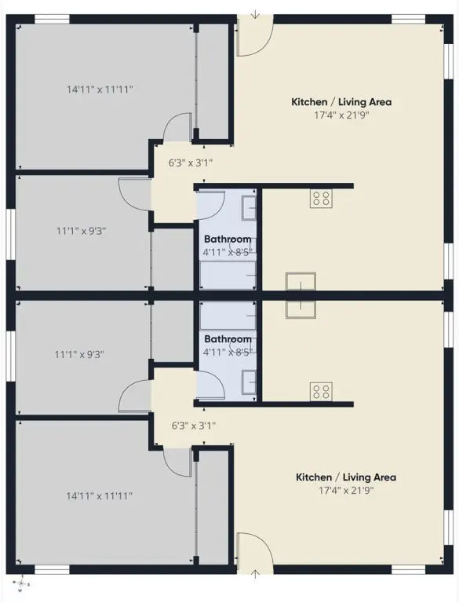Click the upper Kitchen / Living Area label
click(x=341, y=102)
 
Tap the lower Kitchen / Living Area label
click(x=345, y=477)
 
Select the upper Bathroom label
click(x=228, y=239)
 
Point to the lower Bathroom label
click(x=228, y=339)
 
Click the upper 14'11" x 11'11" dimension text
click(x=100, y=90)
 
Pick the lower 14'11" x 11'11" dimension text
click(x=99, y=496)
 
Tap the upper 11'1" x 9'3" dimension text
click(x=81, y=231)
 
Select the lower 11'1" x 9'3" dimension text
click(x=79, y=354)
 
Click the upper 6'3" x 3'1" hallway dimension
click(x=191, y=163)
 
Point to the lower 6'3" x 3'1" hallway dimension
click(x=193, y=426)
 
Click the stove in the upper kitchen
click(x=321, y=199)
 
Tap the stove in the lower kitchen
click(x=321, y=392)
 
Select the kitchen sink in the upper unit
click(x=301, y=282)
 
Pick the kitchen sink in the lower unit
click(x=301, y=309)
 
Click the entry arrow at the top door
click(x=255, y=15)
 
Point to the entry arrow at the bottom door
click(x=255, y=575)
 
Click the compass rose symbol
click(x=21, y=584)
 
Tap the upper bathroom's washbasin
click(x=249, y=207)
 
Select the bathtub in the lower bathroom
click(x=228, y=316)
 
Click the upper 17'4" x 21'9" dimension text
click(x=341, y=115)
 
